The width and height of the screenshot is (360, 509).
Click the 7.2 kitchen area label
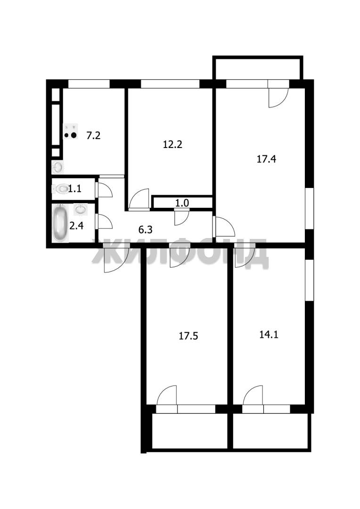pos(93,135)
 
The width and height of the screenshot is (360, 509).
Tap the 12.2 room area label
pos(172,144)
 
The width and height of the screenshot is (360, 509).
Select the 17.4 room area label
pos(266,159)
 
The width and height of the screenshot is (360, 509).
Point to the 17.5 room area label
pos(188,336)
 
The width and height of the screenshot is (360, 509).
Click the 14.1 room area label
pos(269,334)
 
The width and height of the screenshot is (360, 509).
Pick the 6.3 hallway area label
pos(146,230)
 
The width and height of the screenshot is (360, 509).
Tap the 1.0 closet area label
pos(182,203)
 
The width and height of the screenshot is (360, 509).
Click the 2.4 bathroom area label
pos(77,225)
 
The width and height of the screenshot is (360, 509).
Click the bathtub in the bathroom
pos(60,223)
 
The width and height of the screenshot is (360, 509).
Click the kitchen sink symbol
pos(58,167)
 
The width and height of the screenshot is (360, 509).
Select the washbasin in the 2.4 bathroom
pos(81,209)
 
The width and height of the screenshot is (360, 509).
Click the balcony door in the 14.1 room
pos(253,395)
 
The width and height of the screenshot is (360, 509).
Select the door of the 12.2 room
pos(139,199)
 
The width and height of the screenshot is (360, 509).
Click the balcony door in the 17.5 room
pos(166,395)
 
